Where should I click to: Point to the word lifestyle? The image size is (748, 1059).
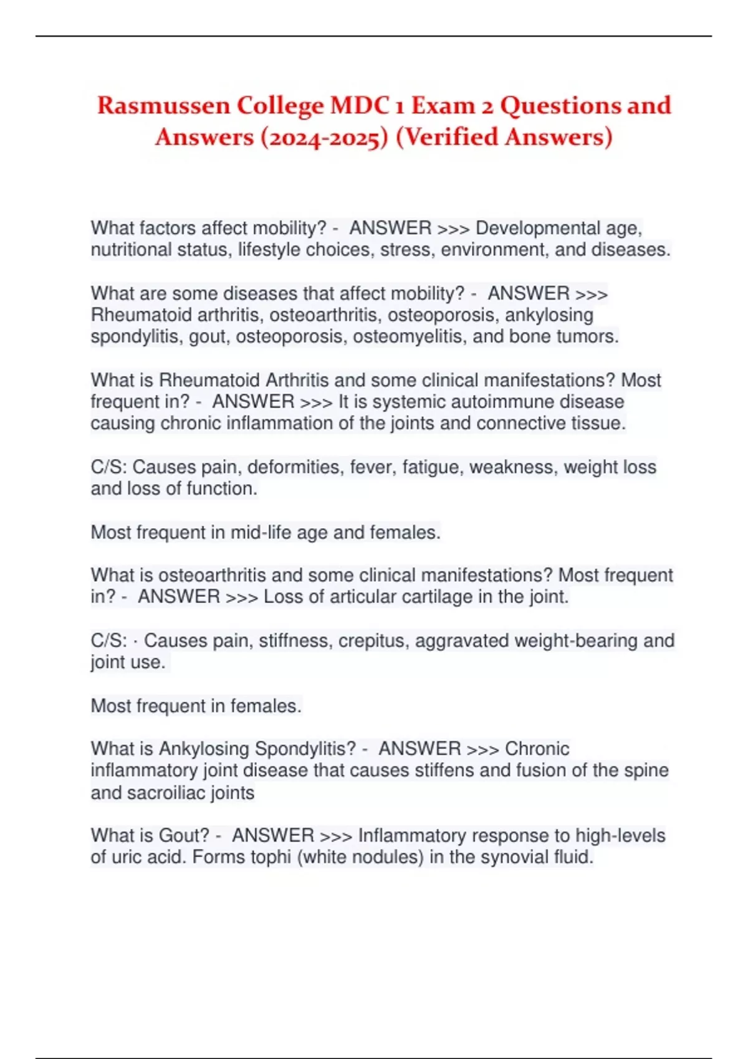269,250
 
